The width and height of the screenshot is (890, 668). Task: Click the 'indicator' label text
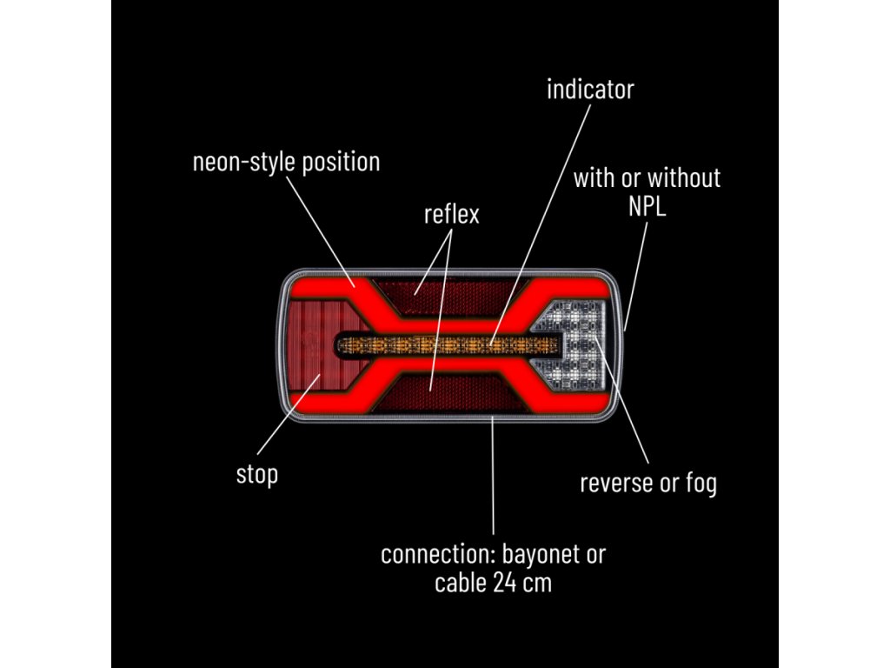tap(590, 90)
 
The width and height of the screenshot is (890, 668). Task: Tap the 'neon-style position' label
tap(286, 162)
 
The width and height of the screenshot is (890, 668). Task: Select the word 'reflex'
tap(451, 214)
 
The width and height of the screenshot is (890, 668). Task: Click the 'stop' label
tap(257, 475)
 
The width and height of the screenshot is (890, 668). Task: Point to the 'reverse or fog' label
tap(648, 483)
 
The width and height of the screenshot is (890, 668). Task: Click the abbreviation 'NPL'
tap(647, 207)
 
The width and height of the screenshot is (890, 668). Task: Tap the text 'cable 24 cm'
tap(493, 582)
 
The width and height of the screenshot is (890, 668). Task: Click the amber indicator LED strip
tap(435, 345)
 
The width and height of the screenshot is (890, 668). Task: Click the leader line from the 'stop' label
tap(287, 426)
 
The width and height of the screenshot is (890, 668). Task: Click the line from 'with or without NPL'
tap(634, 274)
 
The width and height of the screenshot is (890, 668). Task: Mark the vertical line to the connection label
tap(493, 478)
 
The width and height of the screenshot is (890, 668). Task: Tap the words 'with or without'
tap(647, 178)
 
